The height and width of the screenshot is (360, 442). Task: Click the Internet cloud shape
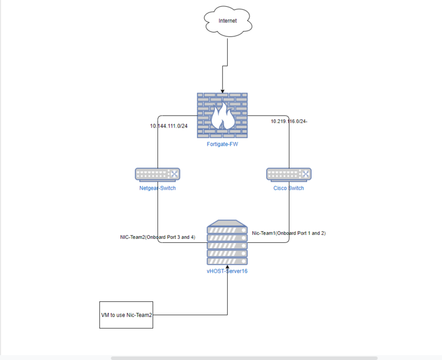click(227, 22)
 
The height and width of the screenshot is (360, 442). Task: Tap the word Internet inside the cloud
click(227, 21)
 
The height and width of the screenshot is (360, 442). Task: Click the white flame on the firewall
click(223, 118)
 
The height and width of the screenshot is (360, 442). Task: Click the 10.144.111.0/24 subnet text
click(169, 126)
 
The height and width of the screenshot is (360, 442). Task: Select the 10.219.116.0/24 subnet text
click(288, 121)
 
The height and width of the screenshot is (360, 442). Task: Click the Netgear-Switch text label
click(157, 189)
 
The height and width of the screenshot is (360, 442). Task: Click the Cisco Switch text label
click(288, 189)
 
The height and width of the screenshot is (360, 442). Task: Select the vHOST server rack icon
click(227, 244)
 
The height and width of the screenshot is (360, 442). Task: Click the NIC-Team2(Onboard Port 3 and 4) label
click(157, 237)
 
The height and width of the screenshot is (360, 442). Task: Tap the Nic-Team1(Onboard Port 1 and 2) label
click(288, 233)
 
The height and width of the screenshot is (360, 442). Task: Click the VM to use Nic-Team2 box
click(126, 315)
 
